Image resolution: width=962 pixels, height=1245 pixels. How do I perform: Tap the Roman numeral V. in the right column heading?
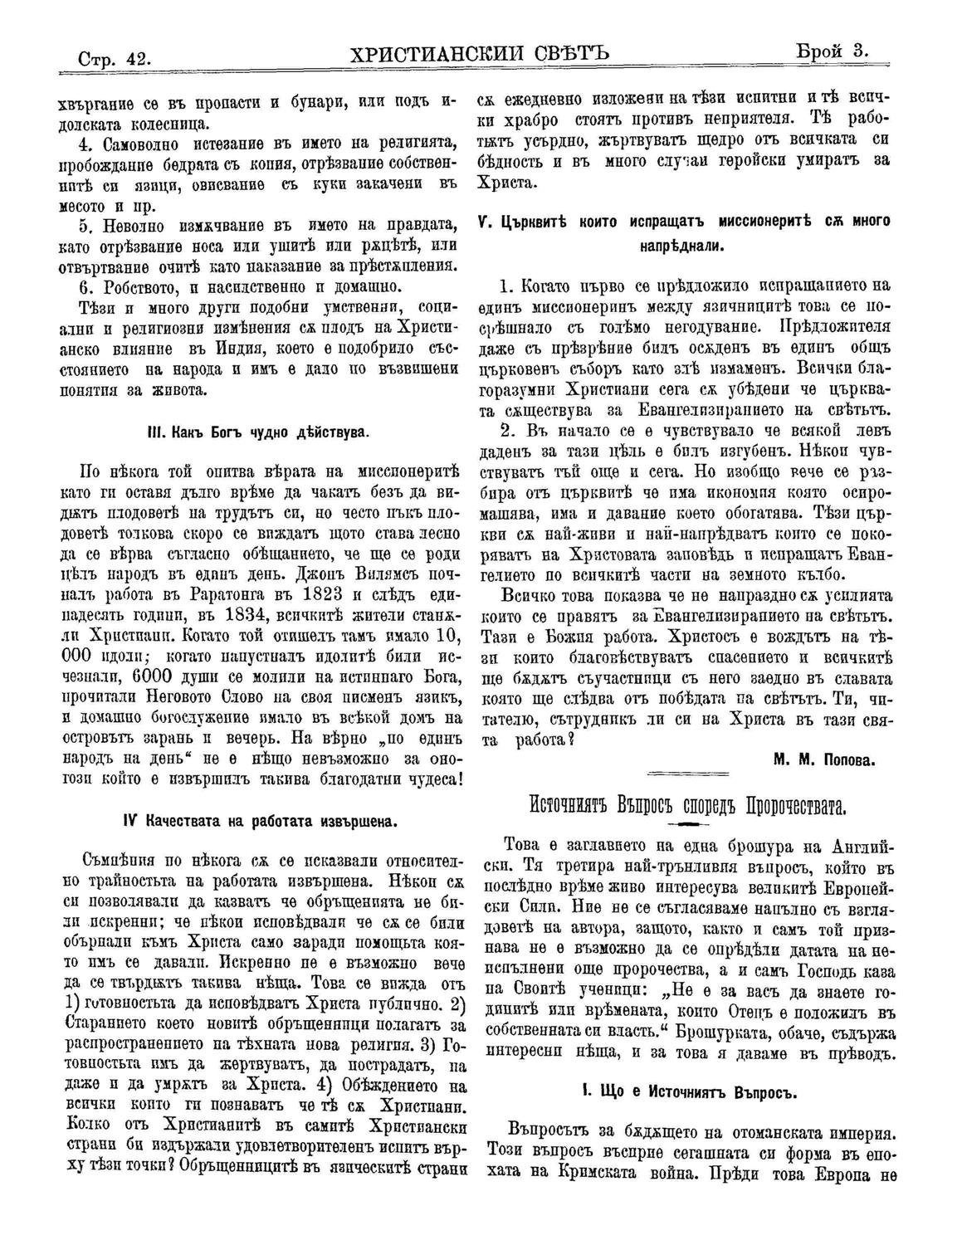483,222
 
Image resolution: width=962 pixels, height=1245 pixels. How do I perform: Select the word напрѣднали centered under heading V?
684,247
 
